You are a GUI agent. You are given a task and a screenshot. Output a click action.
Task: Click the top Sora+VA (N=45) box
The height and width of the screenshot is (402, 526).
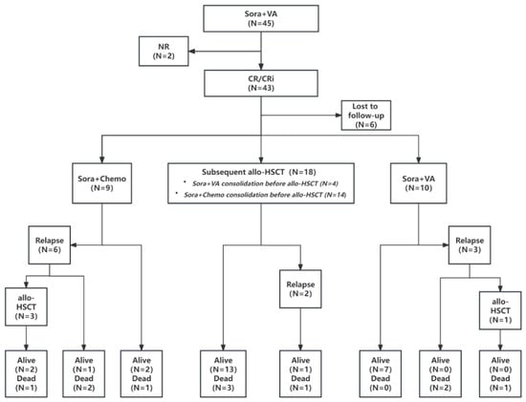[x=261, y=19]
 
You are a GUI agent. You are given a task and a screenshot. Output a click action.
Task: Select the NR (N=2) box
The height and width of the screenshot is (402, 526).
[x=164, y=52]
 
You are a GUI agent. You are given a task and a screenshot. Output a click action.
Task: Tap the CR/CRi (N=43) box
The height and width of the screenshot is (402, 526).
[x=261, y=83]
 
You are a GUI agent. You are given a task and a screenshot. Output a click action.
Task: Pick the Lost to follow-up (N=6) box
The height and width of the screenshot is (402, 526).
[x=366, y=116]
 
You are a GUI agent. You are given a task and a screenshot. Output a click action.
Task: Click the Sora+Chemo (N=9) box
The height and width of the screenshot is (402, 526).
[x=102, y=183]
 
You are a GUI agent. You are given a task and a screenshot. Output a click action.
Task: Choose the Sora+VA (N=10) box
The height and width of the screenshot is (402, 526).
[x=418, y=183]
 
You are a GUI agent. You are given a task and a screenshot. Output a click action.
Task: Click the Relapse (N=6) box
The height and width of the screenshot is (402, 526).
[x=50, y=245]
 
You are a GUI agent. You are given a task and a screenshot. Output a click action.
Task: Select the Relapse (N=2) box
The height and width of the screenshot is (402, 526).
[x=300, y=289]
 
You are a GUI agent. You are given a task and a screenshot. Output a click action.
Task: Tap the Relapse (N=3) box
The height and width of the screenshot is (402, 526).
[x=470, y=245]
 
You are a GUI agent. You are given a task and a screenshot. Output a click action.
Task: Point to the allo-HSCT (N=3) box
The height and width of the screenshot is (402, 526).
[x=26, y=307]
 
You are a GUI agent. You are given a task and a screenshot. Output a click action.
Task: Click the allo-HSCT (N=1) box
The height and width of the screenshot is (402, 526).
[x=500, y=310]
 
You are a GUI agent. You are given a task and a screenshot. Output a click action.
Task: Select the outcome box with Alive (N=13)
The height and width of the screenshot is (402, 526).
[x=223, y=374]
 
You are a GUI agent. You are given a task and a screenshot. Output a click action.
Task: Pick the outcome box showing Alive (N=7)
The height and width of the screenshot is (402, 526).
[x=381, y=374]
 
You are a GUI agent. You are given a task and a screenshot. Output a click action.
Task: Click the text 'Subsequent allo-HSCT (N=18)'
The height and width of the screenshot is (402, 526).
[x=258, y=172]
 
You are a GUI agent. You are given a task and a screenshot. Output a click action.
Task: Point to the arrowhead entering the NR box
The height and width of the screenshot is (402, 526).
[x=192, y=52]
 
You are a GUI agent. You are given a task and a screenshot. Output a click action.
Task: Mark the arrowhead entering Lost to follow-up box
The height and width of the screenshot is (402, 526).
[x=339, y=116]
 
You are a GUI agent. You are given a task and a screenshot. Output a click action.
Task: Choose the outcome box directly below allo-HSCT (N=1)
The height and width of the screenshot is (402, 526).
[x=500, y=374]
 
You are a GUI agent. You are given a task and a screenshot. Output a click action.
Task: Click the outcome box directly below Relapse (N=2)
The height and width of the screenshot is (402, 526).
[x=300, y=374]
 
